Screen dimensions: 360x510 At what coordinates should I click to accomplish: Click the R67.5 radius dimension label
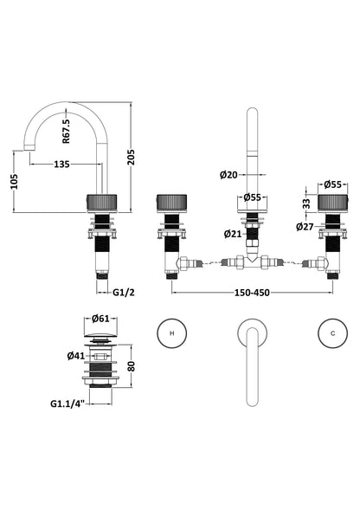(66, 131)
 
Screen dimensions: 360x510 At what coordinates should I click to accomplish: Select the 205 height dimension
(131, 157)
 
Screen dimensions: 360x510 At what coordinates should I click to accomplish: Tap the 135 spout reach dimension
(61, 165)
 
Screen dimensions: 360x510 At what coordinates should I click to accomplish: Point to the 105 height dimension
(14, 181)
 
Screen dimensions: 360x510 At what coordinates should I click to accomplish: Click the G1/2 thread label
(124, 293)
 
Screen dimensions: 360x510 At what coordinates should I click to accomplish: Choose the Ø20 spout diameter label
(228, 175)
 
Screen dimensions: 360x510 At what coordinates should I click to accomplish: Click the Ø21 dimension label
(233, 234)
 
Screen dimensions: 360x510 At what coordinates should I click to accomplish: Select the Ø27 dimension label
(305, 226)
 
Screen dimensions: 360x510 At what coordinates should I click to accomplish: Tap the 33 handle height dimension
(306, 203)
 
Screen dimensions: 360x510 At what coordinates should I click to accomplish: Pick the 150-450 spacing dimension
(252, 293)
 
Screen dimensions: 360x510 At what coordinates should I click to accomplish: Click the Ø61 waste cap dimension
(100, 319)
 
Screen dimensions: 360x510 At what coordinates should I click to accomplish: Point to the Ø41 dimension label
(76, 356)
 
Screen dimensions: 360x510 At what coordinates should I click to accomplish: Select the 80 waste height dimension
(131, 366)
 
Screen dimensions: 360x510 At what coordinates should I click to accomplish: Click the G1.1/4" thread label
(67, 403)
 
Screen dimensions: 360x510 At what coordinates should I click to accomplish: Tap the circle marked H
(172, 333)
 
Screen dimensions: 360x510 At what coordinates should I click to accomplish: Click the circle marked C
(332, 333)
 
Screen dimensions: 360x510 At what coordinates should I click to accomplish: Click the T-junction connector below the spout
(253, 261)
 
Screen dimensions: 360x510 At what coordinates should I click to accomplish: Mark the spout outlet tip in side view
(29, 148)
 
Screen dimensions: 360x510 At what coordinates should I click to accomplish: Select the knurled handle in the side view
(102, 203)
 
